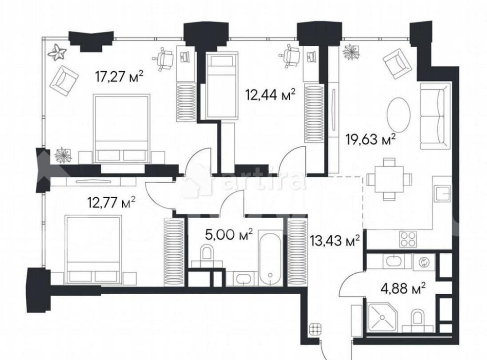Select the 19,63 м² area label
[x=370, y=140]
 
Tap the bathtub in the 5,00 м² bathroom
[x=268, y=258]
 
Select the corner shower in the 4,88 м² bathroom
[x=382, y=317]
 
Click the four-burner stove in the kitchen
[x=408, y=239]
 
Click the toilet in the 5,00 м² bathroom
[x=207, y=254]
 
